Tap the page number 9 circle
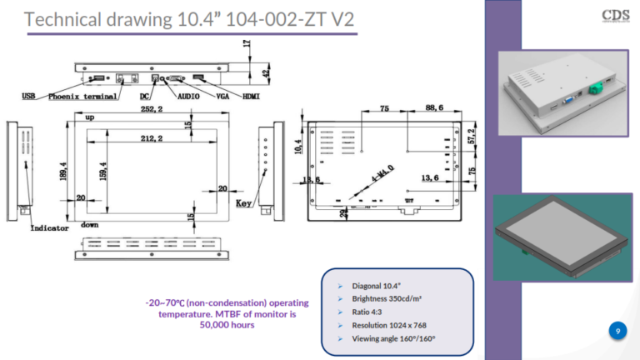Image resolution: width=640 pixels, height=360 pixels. click(x=617, y=332)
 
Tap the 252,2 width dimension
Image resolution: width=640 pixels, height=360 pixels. click(x=152, y=109)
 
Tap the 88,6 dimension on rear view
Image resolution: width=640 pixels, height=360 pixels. click(x=436, y=108)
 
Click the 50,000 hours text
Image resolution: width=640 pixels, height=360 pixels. click(x=226, y=324)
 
